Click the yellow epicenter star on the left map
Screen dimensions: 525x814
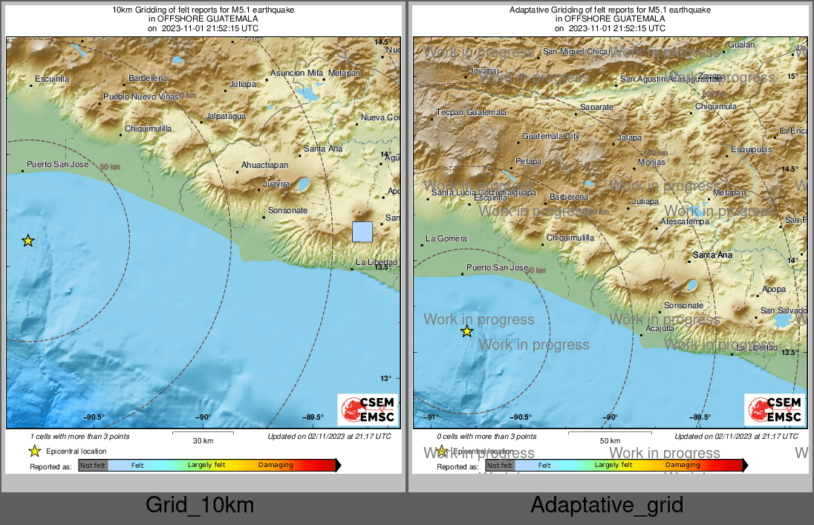point(28,241)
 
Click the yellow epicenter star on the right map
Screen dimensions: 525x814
point(466,331)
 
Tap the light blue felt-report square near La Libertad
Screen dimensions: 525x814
point(362,232)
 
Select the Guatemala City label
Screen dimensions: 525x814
point(550,137)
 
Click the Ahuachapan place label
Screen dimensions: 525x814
point(264,165)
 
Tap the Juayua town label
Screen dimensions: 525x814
point(276,183)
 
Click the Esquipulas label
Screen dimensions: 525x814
point(731,149)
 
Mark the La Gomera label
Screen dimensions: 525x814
point(446,238)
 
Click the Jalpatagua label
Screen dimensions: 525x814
point(225,117)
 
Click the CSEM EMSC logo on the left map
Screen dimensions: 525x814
point(367,409)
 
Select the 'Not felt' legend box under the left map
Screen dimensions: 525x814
point(93,466)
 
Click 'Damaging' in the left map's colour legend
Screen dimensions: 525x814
point(276,466)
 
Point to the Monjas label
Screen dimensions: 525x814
point(651,162)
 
